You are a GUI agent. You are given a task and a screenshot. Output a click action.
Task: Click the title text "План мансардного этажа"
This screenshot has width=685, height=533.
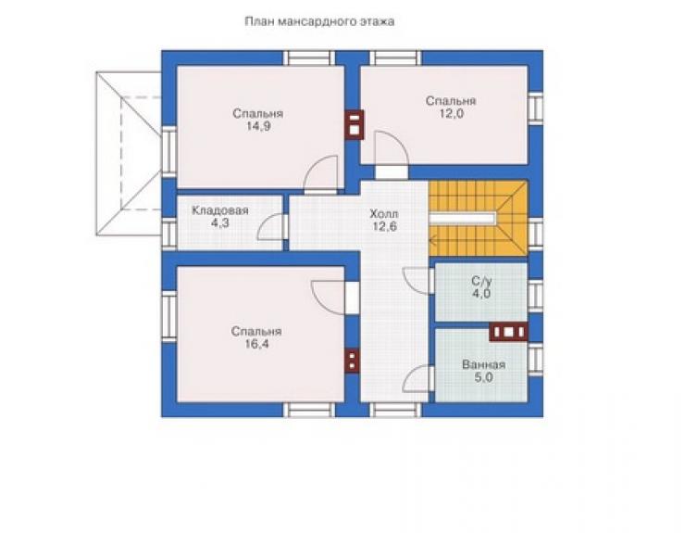click(x=319, y=21)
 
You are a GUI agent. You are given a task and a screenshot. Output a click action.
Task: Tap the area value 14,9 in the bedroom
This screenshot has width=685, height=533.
click(x=257, y=126)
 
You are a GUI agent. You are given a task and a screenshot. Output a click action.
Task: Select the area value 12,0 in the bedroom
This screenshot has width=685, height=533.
click(x=452, y=114)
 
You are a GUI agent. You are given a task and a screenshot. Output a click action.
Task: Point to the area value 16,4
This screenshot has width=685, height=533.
click(x=257, y=344)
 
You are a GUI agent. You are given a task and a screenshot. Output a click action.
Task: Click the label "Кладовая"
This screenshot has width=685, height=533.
click(x=220, y=210)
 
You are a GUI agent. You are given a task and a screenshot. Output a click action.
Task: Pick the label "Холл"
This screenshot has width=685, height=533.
click(x=384, y=214)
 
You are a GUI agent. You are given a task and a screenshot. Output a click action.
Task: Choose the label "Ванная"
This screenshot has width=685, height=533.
click(x=483, y=364)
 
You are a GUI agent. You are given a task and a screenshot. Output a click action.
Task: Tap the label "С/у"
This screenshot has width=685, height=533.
click(x=481, y=281)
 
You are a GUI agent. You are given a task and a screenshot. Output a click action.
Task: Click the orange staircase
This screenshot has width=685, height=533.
click(x=479, y=219)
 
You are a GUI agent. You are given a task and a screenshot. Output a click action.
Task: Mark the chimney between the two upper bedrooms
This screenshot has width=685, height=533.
click(x=354, y=125)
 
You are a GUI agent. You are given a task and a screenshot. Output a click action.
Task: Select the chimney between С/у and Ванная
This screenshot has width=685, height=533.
click(x=508, y=332)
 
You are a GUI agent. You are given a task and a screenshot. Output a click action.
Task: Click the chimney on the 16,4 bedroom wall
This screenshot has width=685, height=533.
click(x=352, y=361)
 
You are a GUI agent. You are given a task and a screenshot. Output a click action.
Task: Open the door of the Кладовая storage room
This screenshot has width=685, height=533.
click(x=272, y=227)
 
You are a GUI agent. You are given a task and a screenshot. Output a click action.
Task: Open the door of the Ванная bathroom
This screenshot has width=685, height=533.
click(x=418, y=378)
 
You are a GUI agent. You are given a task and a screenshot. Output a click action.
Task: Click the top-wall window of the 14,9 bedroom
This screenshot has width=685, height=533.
click(x=309, y=58)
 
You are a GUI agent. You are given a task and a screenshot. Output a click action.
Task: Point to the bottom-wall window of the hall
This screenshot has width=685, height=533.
click(x=396, y=410)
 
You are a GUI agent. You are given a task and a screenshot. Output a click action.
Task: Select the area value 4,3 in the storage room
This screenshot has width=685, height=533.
click(x=220, y=223)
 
